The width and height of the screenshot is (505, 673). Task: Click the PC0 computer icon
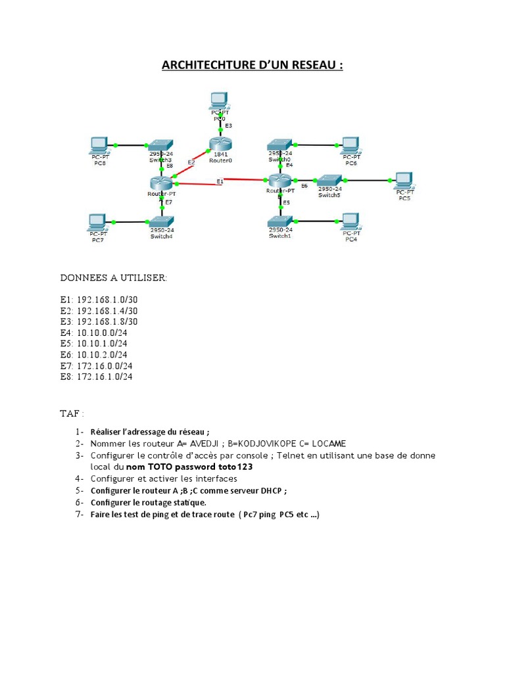(219, 101)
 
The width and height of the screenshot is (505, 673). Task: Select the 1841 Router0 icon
(220, 144)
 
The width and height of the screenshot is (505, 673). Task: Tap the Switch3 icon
(160, 145)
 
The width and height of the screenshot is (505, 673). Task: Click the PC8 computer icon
(100, 146)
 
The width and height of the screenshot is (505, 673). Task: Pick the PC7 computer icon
(98, 222)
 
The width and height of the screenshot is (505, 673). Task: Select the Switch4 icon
(162, 221)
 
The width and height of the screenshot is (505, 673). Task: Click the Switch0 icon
(279, 145)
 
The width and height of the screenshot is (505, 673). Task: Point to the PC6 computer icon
(351, 146)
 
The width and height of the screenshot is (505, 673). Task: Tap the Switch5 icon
(329, 180)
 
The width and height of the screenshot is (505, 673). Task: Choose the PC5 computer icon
(404, 181)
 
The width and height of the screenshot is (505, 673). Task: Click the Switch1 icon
(280, 221)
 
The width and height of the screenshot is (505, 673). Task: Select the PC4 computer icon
(351, 222)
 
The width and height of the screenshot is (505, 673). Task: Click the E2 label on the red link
(191, 162)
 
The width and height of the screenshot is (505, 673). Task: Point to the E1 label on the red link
(220, 181)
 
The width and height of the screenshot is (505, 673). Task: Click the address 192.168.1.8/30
(107, 321)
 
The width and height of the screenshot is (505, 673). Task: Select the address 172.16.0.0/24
(105, 365)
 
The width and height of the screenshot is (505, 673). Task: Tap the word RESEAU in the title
(314, 65)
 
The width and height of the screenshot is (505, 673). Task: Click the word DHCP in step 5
(271, 490)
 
